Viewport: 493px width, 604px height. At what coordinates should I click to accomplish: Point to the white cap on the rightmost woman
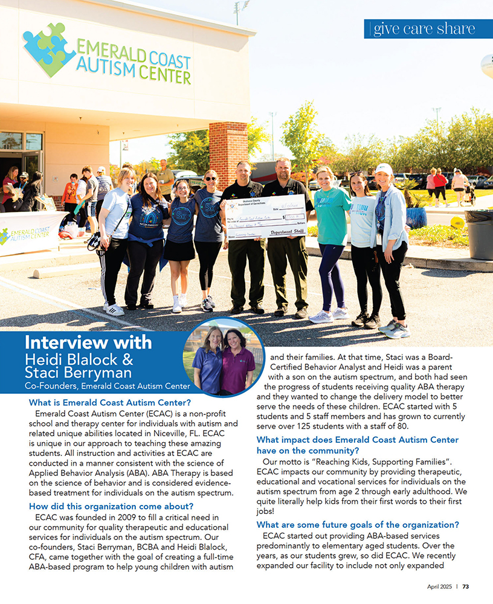[384, 169]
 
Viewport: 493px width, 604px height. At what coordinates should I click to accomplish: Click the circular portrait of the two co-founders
[224, 358]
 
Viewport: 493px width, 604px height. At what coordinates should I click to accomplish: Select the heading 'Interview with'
[88, 342]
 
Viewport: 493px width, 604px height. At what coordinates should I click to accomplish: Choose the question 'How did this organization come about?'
[111, 506]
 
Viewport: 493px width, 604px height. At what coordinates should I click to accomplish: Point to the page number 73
[466, 586]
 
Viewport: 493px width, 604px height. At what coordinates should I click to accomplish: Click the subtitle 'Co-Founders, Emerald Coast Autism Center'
[107, 386]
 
